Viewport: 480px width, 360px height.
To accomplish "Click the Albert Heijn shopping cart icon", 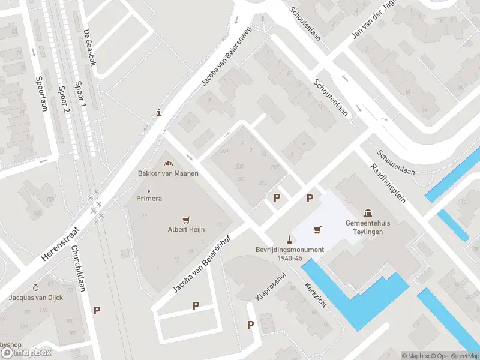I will coord(187,220).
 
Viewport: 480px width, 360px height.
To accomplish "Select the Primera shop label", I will coord(149,198).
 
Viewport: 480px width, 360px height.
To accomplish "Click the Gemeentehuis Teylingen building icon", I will coord(368,213).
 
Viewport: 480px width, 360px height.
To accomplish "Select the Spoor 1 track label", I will coord(78,97).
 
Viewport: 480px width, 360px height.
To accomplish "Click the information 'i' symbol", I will coord(158,112).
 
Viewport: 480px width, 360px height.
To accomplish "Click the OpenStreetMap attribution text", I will coord(455,356).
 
